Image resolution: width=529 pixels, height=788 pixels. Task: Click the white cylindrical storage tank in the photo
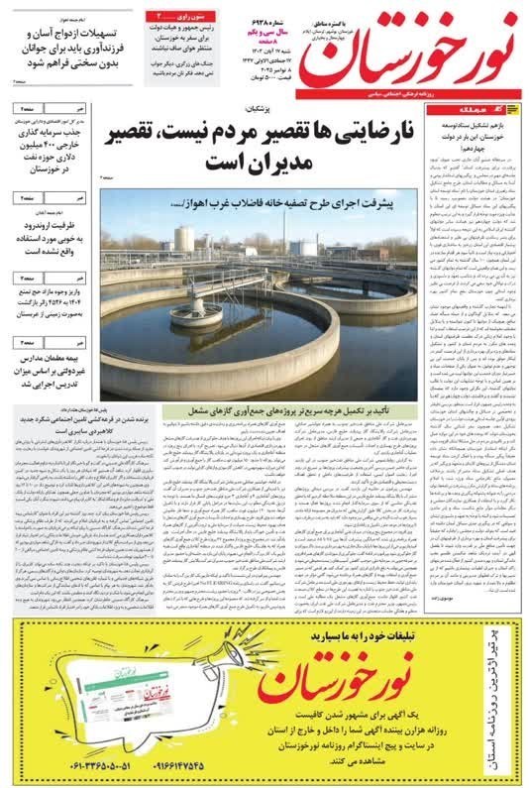click(x=184, y=238)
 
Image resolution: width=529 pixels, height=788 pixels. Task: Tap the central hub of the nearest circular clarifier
click(x=196, y=314)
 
